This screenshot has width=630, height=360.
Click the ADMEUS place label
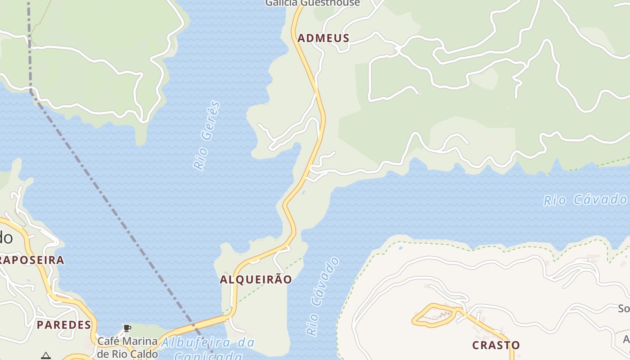(x=323, y=38)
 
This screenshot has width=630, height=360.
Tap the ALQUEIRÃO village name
(x=256, y=279)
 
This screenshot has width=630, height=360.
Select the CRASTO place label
(x=496, y=345)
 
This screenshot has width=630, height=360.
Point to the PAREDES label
(x=64, y=325)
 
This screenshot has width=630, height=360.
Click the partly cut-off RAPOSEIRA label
(x=32, y=260)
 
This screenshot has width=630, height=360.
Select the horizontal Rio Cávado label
(x=585, y=200)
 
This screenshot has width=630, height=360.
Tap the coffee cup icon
(x=127, y=328)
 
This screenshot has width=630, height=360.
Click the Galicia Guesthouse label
(x=312, y=3)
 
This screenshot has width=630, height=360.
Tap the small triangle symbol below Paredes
(x=45, y=356)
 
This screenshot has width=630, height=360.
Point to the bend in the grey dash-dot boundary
(x=31, y=91)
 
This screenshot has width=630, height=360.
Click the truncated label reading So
(x=624, y=309)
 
